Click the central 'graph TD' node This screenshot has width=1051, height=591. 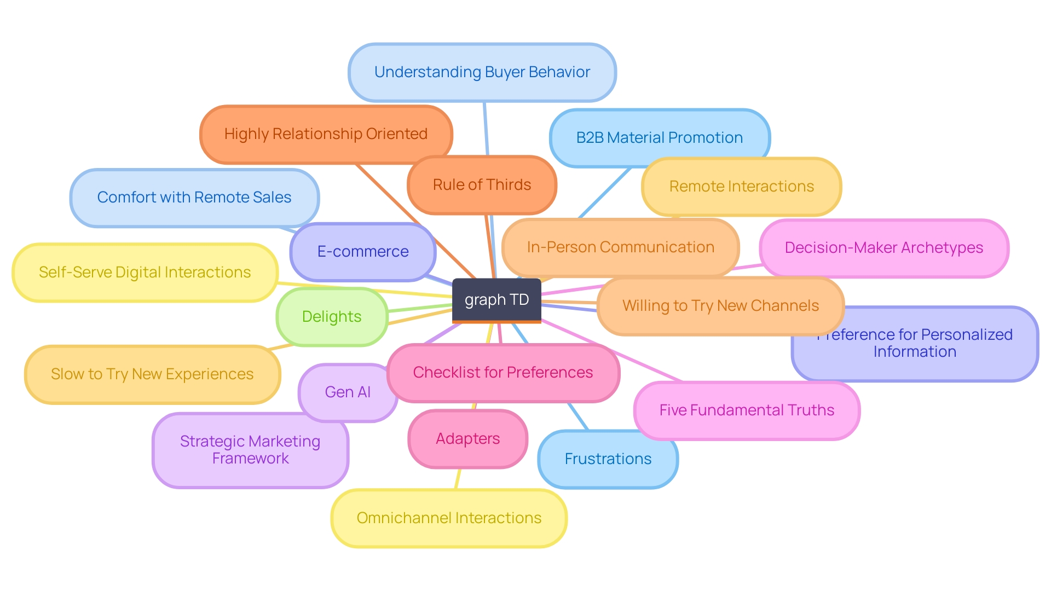click(496, 300)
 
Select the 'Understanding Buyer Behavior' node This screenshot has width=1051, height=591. click(482, 72)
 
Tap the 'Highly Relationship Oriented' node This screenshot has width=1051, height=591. click(326, 134)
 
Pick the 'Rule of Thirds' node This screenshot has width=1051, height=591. click(482, 185)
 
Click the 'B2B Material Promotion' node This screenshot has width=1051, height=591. click(659, 138)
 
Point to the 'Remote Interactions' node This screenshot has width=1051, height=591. click(741, 187)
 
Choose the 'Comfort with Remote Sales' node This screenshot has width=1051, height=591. click(194, 198)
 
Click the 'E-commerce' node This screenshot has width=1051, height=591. click(362, 252)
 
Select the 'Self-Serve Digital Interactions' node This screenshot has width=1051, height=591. click(145, 273)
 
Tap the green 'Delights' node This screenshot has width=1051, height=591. click(332, 317)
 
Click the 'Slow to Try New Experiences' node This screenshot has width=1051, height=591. click(152, 374)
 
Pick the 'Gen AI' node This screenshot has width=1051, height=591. click(348, 392)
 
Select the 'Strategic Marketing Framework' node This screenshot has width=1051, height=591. click(250, 450)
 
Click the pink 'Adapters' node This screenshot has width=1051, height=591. click(467, 439)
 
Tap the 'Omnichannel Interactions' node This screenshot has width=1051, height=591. click(449, 518)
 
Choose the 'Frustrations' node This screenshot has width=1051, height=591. click(608, 459)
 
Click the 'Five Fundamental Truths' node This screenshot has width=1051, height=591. click(747, 410)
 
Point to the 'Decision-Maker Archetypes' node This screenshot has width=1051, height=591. click(883, 248)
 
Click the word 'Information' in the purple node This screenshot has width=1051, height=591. click(915, 352)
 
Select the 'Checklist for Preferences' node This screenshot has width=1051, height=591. click(503, 373)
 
